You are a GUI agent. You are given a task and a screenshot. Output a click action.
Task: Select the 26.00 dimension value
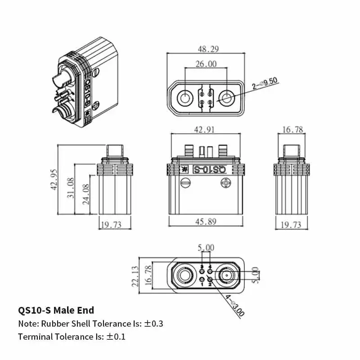coord(205,64)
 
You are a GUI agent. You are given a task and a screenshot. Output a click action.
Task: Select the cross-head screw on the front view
coord(225,183)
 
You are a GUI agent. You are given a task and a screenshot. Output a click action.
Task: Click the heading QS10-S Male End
coord(56,310)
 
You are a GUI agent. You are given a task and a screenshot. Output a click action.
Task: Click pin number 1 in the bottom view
coord(202,284)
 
